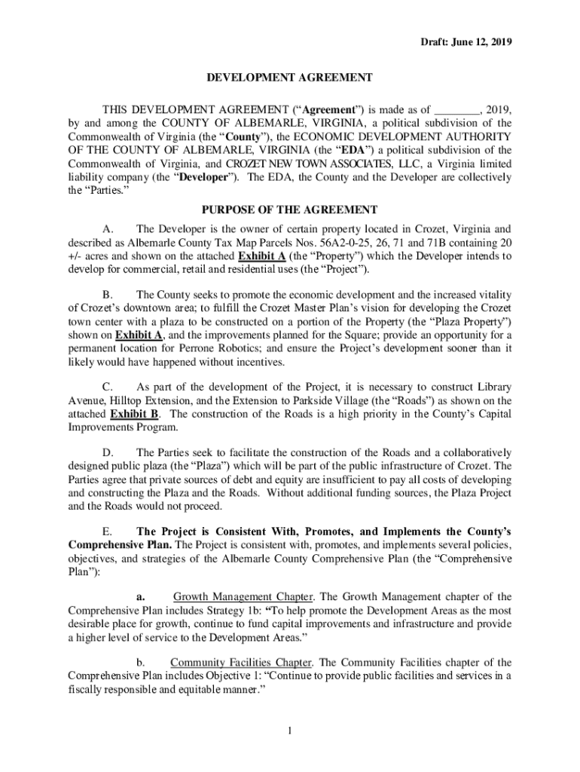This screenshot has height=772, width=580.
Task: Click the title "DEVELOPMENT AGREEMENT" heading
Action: tap(290, 77)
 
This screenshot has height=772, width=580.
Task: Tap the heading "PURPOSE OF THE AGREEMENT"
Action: tap(290, 209)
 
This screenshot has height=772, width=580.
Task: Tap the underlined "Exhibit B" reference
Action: tap(133, 414)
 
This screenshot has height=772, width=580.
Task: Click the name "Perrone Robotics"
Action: tap(216, 349)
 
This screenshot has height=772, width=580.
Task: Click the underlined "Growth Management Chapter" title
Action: tap(240, 596)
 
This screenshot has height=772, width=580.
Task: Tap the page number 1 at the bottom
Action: tap(290, 730)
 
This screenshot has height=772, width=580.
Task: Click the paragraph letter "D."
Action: tap(108, 452)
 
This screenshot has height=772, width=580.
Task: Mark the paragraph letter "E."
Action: tap(107, 531)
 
